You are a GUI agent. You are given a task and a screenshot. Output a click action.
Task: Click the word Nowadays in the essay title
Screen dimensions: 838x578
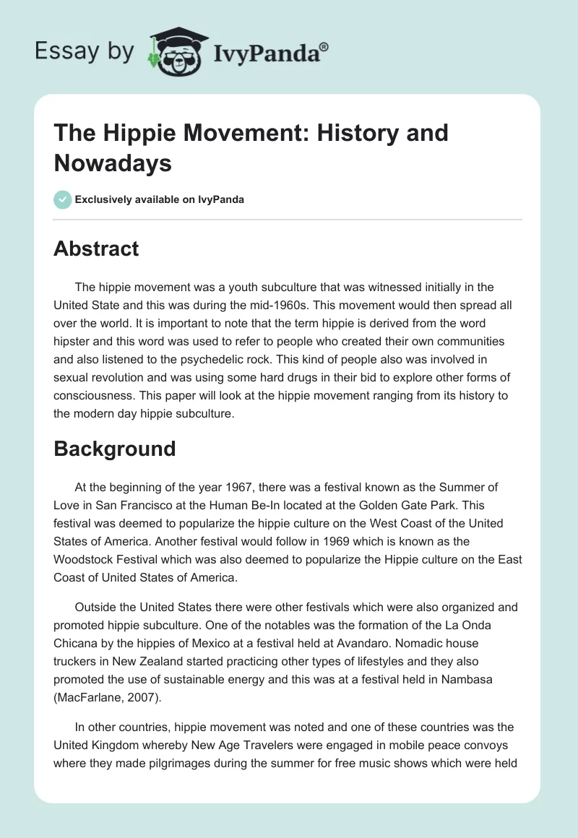[x=113, y=163]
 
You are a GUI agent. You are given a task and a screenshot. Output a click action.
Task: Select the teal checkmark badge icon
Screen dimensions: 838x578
[x=63, y=199]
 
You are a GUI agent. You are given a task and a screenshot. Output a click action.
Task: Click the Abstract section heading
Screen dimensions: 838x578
[x=96, y=249]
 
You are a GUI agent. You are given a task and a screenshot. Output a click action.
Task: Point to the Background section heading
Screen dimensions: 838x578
[x=115, y=449]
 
